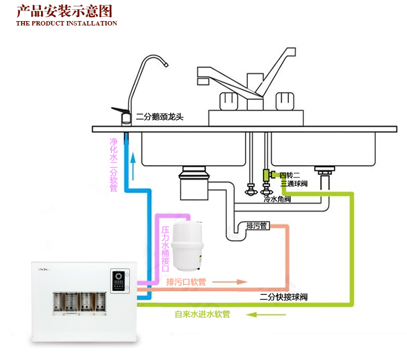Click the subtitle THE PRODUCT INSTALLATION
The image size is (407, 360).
(x=67, y=23)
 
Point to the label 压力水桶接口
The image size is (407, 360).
(x=165, y=248)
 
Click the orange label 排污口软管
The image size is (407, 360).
(x=186, y=282)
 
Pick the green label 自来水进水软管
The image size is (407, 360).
(x=202, y=315)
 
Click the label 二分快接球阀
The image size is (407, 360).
(x=283, y=297)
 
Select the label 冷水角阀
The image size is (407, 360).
(x=277, y=199)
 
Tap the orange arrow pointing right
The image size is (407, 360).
(x=230, y=282)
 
